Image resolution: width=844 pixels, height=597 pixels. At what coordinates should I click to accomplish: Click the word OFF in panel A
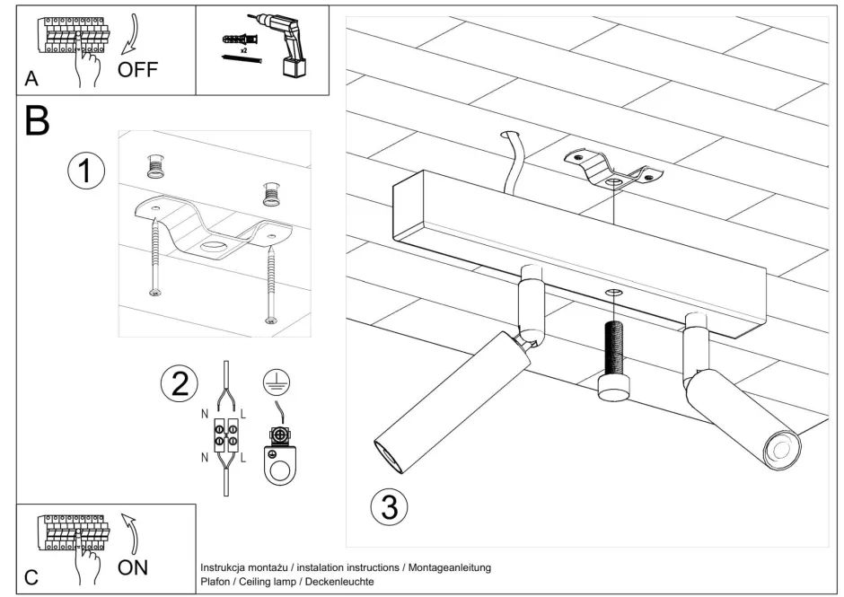(137, 71)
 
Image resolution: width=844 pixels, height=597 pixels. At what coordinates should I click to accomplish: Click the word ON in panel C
(133, 566)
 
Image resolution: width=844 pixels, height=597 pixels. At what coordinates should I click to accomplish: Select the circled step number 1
(86, 171)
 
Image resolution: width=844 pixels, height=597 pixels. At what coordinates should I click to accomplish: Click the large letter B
(37, 122)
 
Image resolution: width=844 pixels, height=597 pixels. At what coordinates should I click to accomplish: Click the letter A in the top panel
(31, 79)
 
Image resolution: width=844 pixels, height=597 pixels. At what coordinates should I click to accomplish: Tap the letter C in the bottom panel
(31, 577)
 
